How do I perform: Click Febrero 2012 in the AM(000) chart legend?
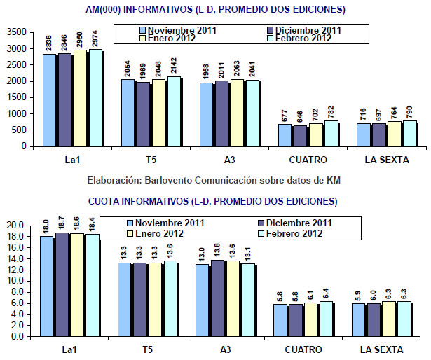(x=301, y=39)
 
